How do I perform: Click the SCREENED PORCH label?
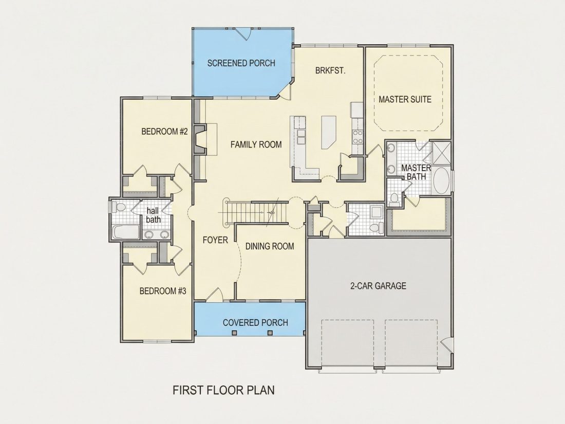241,63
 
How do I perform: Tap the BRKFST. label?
330,71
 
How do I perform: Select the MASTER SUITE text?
405,99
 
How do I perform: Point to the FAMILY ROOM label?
256,144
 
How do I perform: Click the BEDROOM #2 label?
164,131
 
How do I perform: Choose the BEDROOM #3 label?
163,290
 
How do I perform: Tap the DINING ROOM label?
270,246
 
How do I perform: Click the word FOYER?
215,240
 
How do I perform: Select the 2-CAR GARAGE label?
378,286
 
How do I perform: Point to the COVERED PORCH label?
255,323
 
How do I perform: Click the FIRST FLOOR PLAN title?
223,390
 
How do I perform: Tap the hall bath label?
153,215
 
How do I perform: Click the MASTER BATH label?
416,172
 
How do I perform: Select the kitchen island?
329,132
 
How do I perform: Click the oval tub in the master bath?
441,180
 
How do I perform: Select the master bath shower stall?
441,153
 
